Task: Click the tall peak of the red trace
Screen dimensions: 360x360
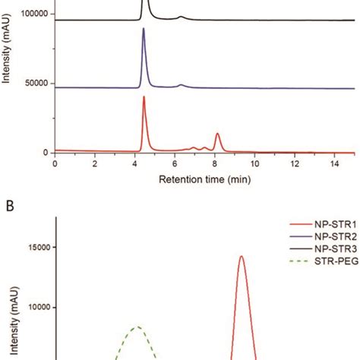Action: point(144,97)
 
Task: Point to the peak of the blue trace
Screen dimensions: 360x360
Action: point(144,30)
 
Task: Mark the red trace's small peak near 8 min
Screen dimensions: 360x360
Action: point(217,134)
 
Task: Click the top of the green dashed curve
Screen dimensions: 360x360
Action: point(137,327)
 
